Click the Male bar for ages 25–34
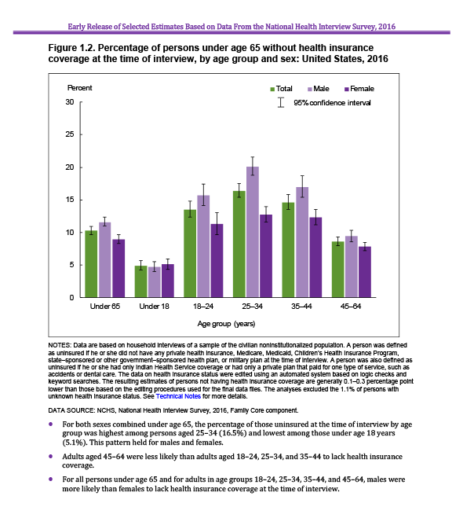pyautogui.click(x=253, y=232)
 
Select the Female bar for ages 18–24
pyautogui.click(x=217, y=261)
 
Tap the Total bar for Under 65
pyautogui.click(x=91, y=264)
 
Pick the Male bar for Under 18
pyautogui.click(x=154, y=282)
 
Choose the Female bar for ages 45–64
pyautogui.click(x=365, y=272)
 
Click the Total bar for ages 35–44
pyautogui.click(x=288, y=250)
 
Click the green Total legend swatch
pyautogui.click(x=272, y=89)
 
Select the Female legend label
pyautogui.click(x=362, y=89)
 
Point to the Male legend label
pyautogui.click(x=321, y=89)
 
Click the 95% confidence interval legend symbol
pyautogui.click(x=281, y=102)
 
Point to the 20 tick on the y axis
pyautogui.click(x=80, y=167)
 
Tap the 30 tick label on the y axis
pyautogui.click(x=70, y=102)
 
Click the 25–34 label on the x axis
pyautogui.click(x=252, y=307)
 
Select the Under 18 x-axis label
pyautogui.click(x=154, y=307)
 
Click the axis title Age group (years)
pyautogui.click(x=226, y=324)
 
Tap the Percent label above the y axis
pyautogui.click(x=79, y=88)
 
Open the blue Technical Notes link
pyautogui.click(x=178, y=396)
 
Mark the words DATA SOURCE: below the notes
pyautogui.click(x=71, y=410)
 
